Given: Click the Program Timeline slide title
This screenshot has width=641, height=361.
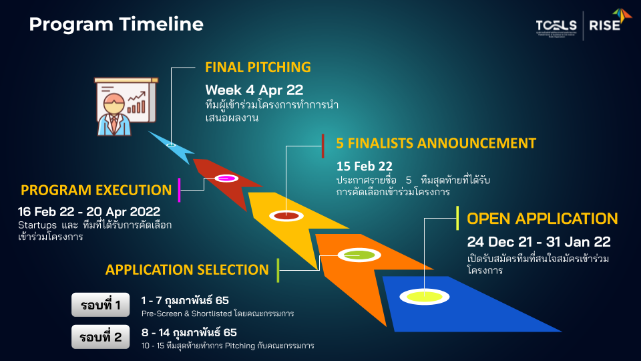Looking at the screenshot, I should [116, 25].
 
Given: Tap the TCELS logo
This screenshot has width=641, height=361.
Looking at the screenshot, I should [557, 25].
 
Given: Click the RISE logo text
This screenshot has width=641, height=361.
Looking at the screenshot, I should [604, 25].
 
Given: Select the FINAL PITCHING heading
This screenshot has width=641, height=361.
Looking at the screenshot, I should [258, 67].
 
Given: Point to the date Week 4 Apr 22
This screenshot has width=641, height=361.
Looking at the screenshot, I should [255, 90].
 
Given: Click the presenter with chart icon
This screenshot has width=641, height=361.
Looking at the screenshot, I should [126, 106].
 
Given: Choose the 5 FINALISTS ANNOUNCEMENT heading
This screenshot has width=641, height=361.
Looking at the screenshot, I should [436, 143].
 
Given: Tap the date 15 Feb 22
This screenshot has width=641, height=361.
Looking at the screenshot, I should [365, 166].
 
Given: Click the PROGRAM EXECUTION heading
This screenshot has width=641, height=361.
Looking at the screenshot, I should [96, 190].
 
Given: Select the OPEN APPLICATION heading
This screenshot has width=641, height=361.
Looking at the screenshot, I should [542, 219].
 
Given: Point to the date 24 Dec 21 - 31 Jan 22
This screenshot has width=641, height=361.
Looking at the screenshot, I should [539, 242].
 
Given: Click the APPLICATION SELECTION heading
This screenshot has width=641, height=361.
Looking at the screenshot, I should [187, 269].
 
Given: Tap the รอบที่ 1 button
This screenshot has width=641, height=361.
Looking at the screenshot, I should [100, 306].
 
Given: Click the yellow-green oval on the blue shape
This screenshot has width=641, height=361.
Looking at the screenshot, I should [425, 296].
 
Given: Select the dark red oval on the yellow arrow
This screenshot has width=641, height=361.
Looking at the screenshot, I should [284, 215].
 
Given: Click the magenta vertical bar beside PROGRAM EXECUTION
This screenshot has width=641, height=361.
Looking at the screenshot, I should [180, 190].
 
